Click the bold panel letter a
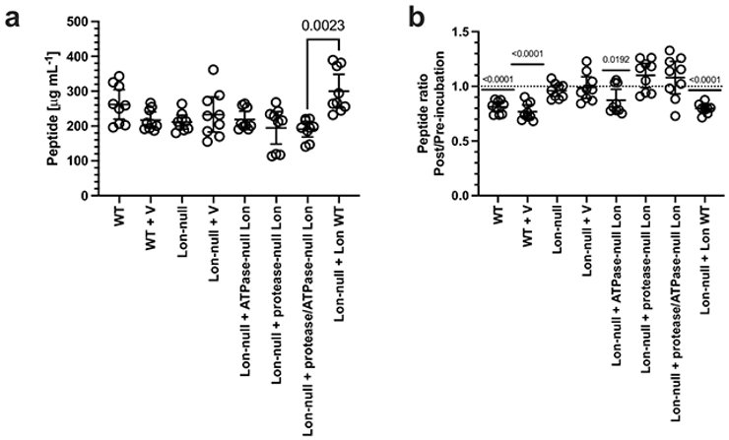14,14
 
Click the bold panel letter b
395,14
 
